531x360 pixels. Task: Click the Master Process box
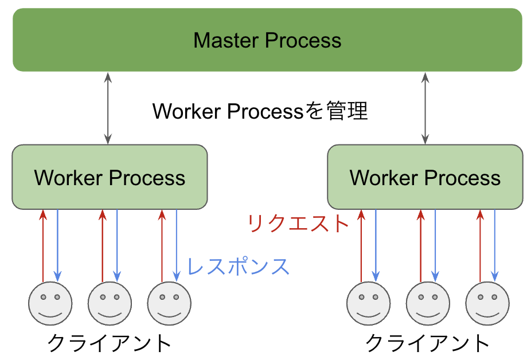(267, 40)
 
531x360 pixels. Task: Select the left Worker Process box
(110, 177)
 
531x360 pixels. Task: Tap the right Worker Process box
(425, 177)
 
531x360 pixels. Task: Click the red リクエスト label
(298, 224)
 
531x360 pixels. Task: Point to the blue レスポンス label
(238, 266)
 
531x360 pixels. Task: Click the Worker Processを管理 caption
(260, 111)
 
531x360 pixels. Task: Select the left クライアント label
(109, 343)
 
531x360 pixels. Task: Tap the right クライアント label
(427, 343)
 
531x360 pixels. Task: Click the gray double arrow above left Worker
(108, 108)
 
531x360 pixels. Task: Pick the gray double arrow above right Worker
(425, 108)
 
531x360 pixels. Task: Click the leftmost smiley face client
(50, 303)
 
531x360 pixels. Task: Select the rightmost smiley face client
(487, 303)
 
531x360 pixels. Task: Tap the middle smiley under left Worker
(110, 303)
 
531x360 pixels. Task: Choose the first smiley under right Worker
(369, 303)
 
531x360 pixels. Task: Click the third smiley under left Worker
(169, 303)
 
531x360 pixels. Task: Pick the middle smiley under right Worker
(428, 303)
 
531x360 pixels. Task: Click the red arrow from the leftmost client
(43, 246)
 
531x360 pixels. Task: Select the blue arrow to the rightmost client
(495, 245)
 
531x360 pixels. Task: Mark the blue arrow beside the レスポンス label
(177, 245)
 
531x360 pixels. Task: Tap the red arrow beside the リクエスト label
(361, 246)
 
